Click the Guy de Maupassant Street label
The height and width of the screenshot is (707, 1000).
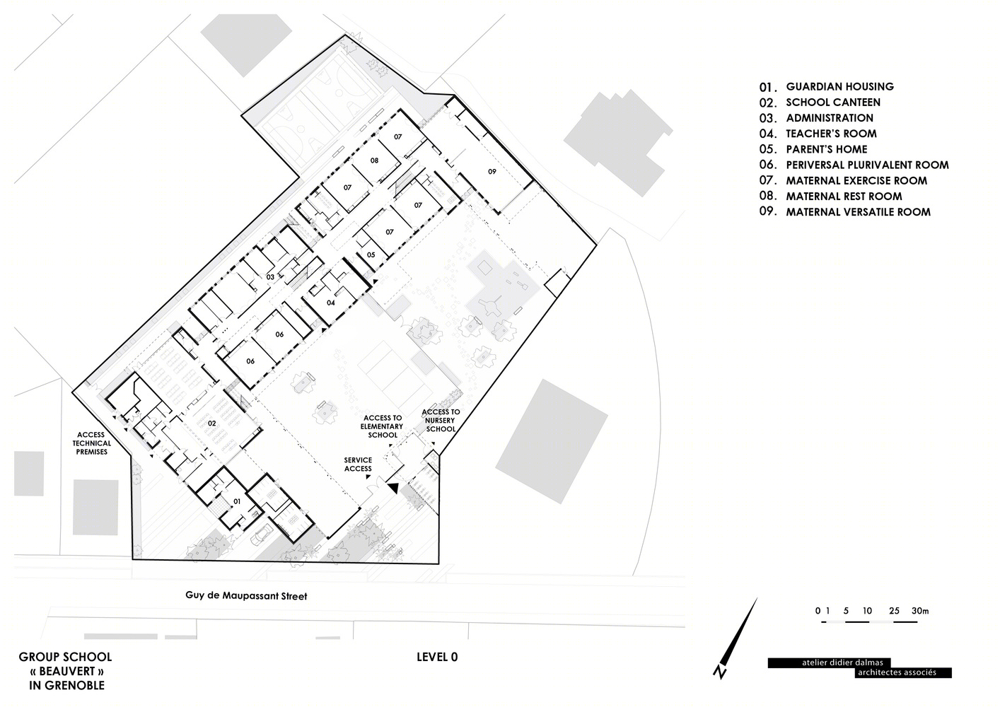[x=246, y=596]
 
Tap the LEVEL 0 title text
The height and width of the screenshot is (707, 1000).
[x=437, y=657]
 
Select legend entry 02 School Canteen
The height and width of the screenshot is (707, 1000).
[x=820, y=103]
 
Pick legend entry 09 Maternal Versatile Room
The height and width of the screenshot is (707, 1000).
[x=844, y=211]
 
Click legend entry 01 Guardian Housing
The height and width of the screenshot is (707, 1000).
[x=826, y=86]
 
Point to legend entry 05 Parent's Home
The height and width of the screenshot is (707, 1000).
[x=813, y=149]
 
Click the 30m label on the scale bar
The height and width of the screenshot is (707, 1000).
[x=919, y=611]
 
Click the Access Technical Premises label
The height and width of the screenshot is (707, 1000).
[x=91, y=443]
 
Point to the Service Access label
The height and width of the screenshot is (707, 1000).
[x=358, y=464]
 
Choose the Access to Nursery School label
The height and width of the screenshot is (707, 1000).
[x=441, y=421]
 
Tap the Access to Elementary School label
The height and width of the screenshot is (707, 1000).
[x=382, y=426]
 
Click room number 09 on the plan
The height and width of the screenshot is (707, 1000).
[x=492, y=171]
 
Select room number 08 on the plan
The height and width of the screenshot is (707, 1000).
[x=374, y=160]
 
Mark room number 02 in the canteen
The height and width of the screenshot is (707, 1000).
[x=211, y=423]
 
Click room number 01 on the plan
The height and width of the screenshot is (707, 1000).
[x=237, y=501]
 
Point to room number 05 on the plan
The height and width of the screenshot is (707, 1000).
[x=371, y=255]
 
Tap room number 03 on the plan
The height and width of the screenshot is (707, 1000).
[x=270, y=277]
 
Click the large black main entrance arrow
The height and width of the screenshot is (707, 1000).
[x=393, y=489]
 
